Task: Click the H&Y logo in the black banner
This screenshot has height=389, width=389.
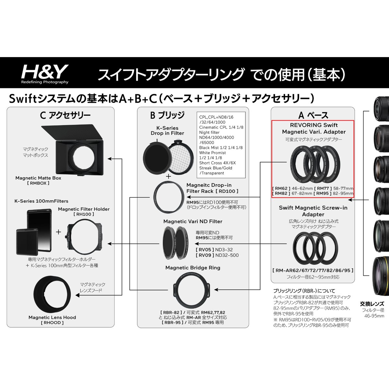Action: pyautogui.click(x=45, y=74)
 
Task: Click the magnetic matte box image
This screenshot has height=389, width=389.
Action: pyautogui.click(x=73, y=150)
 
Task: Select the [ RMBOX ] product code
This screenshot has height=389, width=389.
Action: pyautogui.click(x=38, y=183)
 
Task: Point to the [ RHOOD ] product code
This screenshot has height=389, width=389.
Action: pyautogui.click(x=52, y=323)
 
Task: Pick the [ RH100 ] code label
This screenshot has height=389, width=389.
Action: pyautogui.click(x=84, y=214)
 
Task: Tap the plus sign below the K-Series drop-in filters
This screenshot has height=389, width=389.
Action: pyautogui.click(x=168, y=176)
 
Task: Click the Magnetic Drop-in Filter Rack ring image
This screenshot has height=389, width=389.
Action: pyautogui.click(x=154, y=197)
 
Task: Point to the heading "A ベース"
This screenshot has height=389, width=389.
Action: pyautogui.click(x=313, y=115)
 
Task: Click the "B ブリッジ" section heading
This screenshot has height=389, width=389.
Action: pyautogui.click(x=167, y=115)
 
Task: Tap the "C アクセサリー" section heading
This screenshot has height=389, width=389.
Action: pyautogui.click(x=65, y=115)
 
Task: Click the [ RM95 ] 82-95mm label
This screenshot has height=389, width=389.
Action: pyautogui.click(x=334, y=194)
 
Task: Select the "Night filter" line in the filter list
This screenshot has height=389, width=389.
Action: pyautogui.click(x=209, y=133)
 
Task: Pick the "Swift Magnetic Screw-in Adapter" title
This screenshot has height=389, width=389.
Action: pyautogui.click(x=313, y=211)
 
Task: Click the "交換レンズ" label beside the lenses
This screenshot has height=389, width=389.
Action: pyautogui.click(x=372, y=304)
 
